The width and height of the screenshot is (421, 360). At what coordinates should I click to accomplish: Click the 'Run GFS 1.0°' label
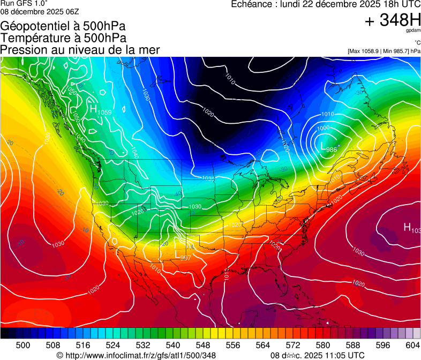24,3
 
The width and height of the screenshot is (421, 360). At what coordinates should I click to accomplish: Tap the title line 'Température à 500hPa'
63,37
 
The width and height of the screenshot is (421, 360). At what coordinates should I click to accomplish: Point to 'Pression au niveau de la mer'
80,49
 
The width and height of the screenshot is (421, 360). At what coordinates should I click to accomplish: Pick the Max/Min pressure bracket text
384,51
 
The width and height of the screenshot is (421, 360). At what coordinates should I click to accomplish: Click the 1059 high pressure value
105,112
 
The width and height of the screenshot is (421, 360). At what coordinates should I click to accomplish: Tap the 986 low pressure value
332,149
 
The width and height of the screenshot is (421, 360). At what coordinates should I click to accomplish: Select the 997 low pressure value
185,258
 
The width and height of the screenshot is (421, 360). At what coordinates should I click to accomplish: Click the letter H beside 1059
93,109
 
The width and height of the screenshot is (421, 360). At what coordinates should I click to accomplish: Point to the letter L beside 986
322,146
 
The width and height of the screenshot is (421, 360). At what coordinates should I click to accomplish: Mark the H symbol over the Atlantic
407,227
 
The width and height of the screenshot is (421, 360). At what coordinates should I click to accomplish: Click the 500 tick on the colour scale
23,345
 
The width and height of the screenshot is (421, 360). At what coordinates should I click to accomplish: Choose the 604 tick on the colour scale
412,345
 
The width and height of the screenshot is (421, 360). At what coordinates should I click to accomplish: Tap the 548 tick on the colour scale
204,345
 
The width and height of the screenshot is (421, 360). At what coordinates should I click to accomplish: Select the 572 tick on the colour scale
293,345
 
